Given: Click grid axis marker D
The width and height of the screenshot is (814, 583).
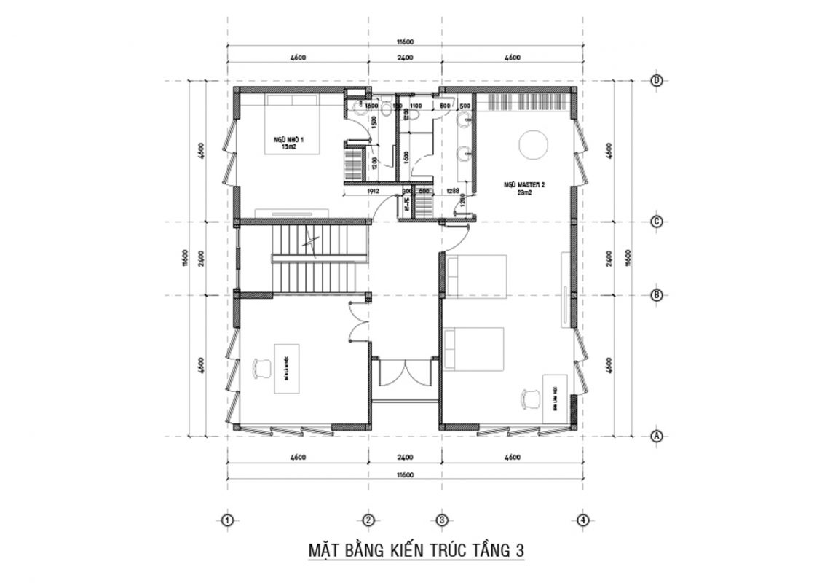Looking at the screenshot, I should point(656,81).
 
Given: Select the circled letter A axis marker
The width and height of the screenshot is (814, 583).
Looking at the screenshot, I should point(656,437).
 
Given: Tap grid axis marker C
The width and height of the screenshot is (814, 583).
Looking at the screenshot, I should point(656,222).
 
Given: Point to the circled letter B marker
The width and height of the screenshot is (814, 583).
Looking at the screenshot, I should point(656,295).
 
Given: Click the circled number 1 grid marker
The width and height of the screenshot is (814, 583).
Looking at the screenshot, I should point(228,520).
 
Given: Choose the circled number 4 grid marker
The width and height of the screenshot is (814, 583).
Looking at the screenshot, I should point(582,520).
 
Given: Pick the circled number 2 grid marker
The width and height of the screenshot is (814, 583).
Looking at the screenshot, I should point(368,520).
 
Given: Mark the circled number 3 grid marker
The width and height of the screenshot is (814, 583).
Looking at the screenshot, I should point(442,520).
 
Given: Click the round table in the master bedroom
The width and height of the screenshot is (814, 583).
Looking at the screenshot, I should point(534,144).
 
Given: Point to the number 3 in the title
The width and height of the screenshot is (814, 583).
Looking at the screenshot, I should point(518,552).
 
